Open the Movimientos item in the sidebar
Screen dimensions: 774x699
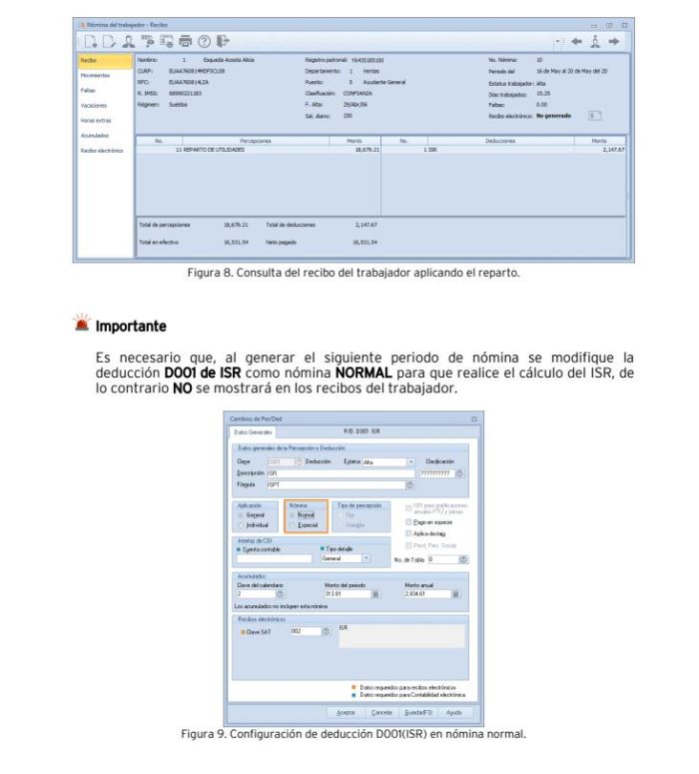(97, 75)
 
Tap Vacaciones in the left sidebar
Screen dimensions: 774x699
(95, 105)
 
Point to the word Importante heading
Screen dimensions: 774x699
(131, 328)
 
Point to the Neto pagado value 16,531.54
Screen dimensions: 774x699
(360, 242)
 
